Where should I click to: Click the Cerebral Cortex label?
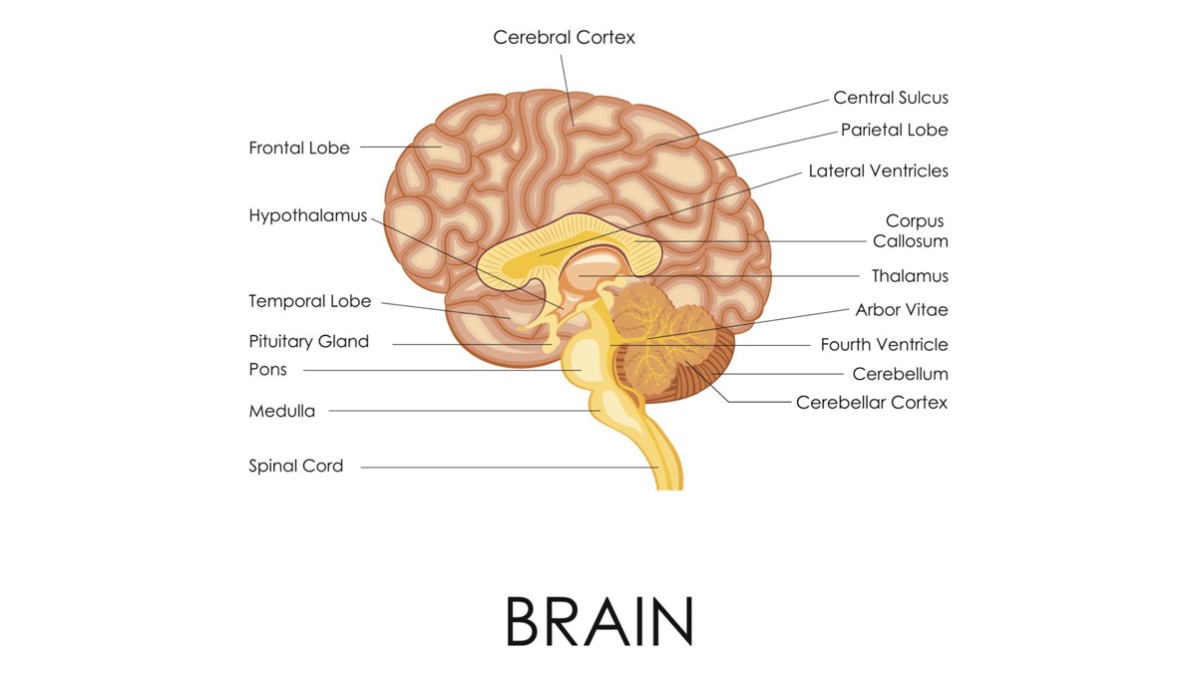(564, 38)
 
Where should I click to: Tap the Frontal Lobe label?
(299, 149)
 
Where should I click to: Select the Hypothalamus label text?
(308, 216)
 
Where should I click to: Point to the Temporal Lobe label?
(309, 301)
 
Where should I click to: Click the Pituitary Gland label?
(308, 342)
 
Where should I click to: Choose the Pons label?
(267, 370)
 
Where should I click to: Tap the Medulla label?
(281, 411)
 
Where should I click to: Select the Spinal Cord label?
(295, 466)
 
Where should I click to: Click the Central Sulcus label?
(891, 98)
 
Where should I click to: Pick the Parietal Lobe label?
(894, 130)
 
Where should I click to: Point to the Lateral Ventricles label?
(878, 171)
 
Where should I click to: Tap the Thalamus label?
(910, 276)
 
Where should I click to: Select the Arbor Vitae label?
(902, 310)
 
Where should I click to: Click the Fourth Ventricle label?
(884, 345)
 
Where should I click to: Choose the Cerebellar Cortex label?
(872, 403)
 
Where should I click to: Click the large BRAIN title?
(598, 620)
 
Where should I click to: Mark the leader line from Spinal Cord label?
(499, 467)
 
